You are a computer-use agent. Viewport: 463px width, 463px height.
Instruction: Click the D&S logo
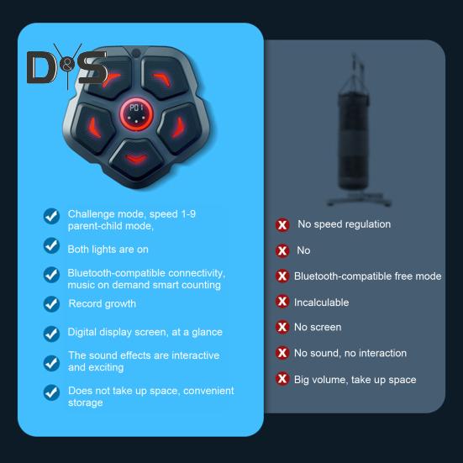[66, 67]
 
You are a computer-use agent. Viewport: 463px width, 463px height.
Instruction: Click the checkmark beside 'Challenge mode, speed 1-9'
[51, 216]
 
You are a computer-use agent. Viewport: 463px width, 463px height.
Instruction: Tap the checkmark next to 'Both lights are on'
[51, 245]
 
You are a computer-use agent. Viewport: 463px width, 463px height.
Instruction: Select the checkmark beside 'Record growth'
[51, 303]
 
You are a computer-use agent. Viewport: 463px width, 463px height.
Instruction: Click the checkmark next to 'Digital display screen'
[51, 333]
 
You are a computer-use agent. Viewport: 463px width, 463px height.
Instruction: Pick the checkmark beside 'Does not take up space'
[51, 392]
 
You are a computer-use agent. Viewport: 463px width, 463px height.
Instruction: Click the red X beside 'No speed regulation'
[282, 225]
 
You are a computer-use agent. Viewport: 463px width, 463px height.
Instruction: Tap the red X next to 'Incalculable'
[282, 302]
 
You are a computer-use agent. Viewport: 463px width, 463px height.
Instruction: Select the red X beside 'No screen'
[282, 327]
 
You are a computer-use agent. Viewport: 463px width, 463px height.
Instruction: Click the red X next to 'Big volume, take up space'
[282, 379]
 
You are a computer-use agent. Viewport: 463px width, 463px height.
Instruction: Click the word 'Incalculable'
[321, 303]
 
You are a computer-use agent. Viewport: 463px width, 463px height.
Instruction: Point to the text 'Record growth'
[102, 303]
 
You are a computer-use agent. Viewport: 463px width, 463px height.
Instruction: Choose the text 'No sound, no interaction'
[350, 353]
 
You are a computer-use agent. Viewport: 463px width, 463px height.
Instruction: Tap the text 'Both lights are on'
[108, 249]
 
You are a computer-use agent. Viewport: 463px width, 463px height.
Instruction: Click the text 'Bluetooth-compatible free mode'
[367, 276]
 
